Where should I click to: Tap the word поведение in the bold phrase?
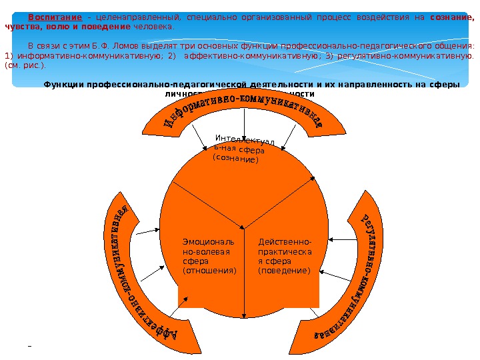108,27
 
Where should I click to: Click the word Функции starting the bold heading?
63,85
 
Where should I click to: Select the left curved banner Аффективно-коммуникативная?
137,280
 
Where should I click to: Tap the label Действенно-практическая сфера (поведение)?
285,256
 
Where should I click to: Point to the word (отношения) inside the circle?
209,271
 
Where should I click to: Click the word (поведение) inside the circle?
284,271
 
